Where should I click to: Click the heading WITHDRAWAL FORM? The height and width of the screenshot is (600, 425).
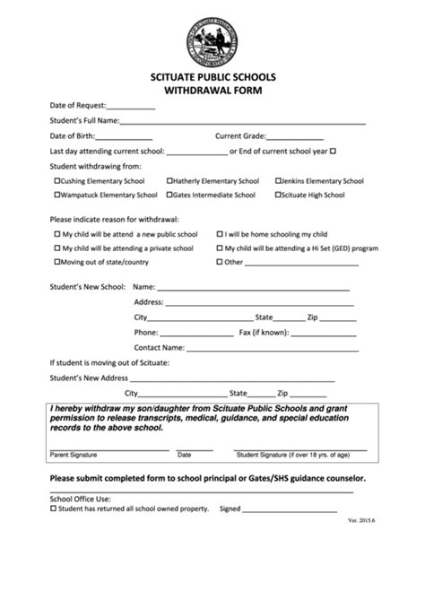212,91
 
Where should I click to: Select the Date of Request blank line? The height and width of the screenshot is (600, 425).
131,108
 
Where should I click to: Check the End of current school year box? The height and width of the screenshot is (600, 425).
333,152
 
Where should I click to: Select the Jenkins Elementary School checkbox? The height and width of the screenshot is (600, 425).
278,180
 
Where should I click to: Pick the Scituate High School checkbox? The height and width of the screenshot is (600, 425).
278,195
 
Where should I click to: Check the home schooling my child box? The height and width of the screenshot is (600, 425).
220,233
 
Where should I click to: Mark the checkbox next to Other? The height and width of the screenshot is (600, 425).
220,262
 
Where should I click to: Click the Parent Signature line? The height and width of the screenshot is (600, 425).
108,448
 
